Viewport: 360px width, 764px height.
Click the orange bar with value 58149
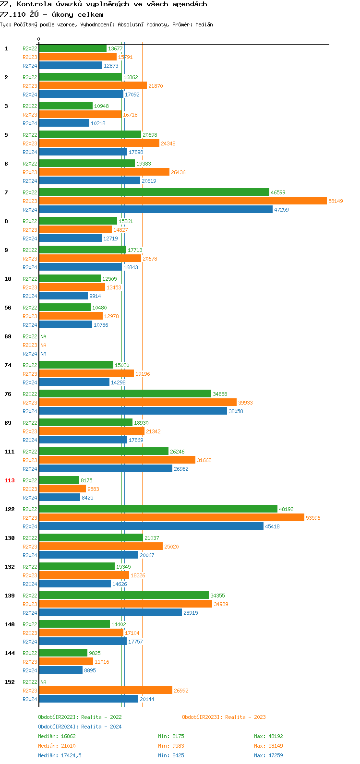tap(182, 201)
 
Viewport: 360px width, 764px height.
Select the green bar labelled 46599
tap(154, 192)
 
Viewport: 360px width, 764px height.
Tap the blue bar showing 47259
tap(156, 210)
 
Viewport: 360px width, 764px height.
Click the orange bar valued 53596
tap(171, 518)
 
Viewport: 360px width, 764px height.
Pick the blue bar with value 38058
tap(133, 411)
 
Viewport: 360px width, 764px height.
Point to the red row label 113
tap(10, 480)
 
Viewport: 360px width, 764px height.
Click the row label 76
tap(8, 394)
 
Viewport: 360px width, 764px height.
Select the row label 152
tap(10, 682)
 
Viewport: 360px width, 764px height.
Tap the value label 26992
tap(181, 691)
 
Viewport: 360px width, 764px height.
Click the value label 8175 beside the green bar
tap(86, 480)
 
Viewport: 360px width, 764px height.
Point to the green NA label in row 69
tap(43, 336)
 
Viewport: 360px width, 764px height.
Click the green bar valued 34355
tap(124, 596)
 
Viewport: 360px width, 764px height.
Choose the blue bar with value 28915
tap(110, 613)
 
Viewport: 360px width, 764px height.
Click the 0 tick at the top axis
tap(39, 39)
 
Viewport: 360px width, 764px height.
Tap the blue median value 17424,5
tap(71, 755)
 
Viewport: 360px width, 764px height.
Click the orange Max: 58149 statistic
tap(268, 746)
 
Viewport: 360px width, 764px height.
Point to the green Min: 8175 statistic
tap(171, 736)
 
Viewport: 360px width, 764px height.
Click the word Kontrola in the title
tap(34, 4)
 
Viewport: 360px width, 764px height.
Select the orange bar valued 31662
tap(117, 460)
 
